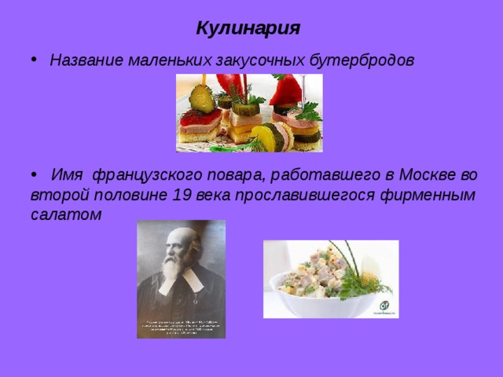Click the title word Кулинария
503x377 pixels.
click(x=248, y=29)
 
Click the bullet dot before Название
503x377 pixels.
click(x=31, y=62)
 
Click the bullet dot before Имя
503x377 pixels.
click(x=31, y=174)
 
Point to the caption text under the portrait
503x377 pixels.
click(x=181, y=327)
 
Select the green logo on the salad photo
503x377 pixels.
click(x=385, y=306)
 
